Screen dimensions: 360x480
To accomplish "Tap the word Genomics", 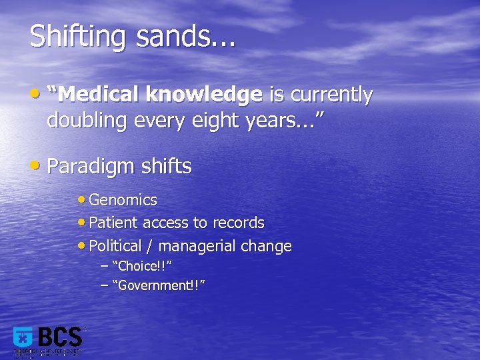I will (123, 200).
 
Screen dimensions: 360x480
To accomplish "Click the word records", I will (239, 223).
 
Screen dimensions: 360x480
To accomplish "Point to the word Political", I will (115, 246).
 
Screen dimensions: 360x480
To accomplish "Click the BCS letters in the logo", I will (60, 337).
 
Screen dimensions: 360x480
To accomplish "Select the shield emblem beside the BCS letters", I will (23, 338).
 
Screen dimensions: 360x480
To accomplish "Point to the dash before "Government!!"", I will (104, 285).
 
